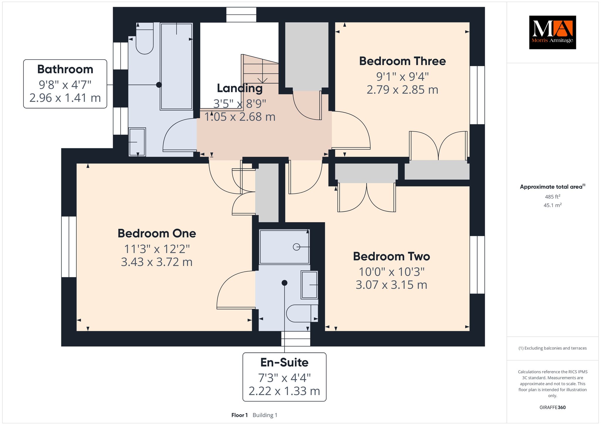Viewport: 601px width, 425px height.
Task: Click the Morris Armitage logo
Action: coord(552,32)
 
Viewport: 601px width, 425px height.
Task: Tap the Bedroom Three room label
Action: coord(402,61)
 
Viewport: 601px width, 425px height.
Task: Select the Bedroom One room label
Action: coord(157,233)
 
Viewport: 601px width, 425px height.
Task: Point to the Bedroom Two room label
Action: coord(391,256)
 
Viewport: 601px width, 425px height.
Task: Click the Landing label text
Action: coord(240,88)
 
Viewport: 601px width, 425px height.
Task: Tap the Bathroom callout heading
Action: coord(65,69)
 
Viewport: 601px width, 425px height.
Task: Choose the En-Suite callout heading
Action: coord(284,362)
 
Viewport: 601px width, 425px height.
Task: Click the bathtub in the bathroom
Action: coord(176,66)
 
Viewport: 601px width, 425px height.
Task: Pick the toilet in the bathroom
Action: coord(145,38)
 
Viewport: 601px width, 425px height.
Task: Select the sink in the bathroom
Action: coord(137,142)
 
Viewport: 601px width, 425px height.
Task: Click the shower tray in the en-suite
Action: coord(284,247)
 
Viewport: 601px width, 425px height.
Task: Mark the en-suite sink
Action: coord(309,285)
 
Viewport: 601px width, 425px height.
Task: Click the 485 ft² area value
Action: coord(552,197)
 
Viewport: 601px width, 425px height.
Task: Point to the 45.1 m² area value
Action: coord(552,205)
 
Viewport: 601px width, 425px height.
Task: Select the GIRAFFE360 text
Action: coord(552,407)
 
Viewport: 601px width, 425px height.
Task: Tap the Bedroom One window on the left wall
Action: coord(69,247)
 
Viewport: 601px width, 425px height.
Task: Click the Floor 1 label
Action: coord(239,415)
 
